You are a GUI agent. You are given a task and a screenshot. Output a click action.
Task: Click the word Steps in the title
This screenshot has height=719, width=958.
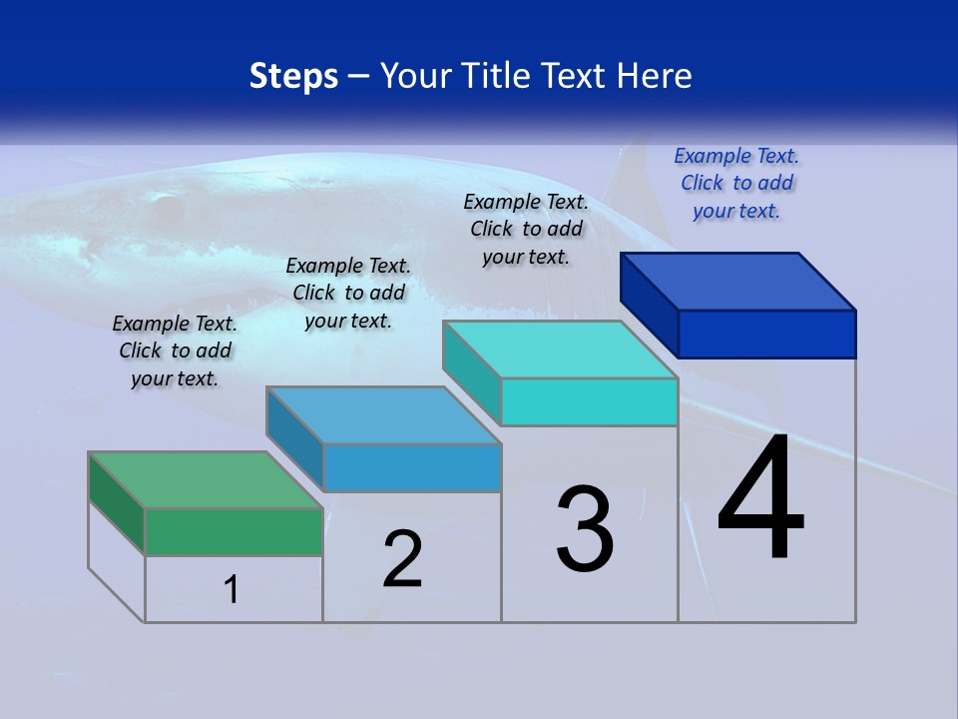click(x=293, y=76)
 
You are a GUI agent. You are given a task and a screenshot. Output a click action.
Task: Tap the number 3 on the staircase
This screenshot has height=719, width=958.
click(x=584, y=529)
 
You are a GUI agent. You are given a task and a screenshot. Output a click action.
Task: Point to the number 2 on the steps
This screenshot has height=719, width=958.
click(x=403, y=559)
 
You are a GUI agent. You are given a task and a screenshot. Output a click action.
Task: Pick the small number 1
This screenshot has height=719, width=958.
click(x=232, y=589)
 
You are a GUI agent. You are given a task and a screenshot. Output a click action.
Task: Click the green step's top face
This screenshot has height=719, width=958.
click(x=206, y=479)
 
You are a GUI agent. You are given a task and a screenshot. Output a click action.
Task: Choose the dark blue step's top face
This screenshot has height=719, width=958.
click(x=738, y=281)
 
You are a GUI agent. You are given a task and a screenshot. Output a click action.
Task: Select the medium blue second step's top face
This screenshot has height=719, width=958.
click(x=383, y=414)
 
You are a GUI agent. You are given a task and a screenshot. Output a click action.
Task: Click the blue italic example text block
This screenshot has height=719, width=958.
click(x=736, y=183)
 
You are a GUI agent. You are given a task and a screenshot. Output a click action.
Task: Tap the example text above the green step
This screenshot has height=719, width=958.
click(x=175, y=351)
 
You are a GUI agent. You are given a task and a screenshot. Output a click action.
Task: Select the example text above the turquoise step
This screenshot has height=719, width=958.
click(x=526, y=229)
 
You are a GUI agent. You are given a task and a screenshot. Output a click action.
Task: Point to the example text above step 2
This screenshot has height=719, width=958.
click(x=348, y=293)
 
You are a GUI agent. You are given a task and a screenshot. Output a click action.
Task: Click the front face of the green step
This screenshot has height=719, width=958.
click(x=234, y=531)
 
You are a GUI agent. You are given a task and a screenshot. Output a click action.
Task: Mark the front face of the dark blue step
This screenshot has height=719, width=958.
click(x=766, y=334)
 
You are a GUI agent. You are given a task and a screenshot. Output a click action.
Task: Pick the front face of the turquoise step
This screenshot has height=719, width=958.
click(x=589, y=401)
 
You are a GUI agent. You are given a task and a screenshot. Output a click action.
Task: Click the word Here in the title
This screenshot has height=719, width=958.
click(x=656, y=76)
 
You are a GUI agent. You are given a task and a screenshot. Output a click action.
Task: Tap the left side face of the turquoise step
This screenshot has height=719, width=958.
click(x=471, y=370)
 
